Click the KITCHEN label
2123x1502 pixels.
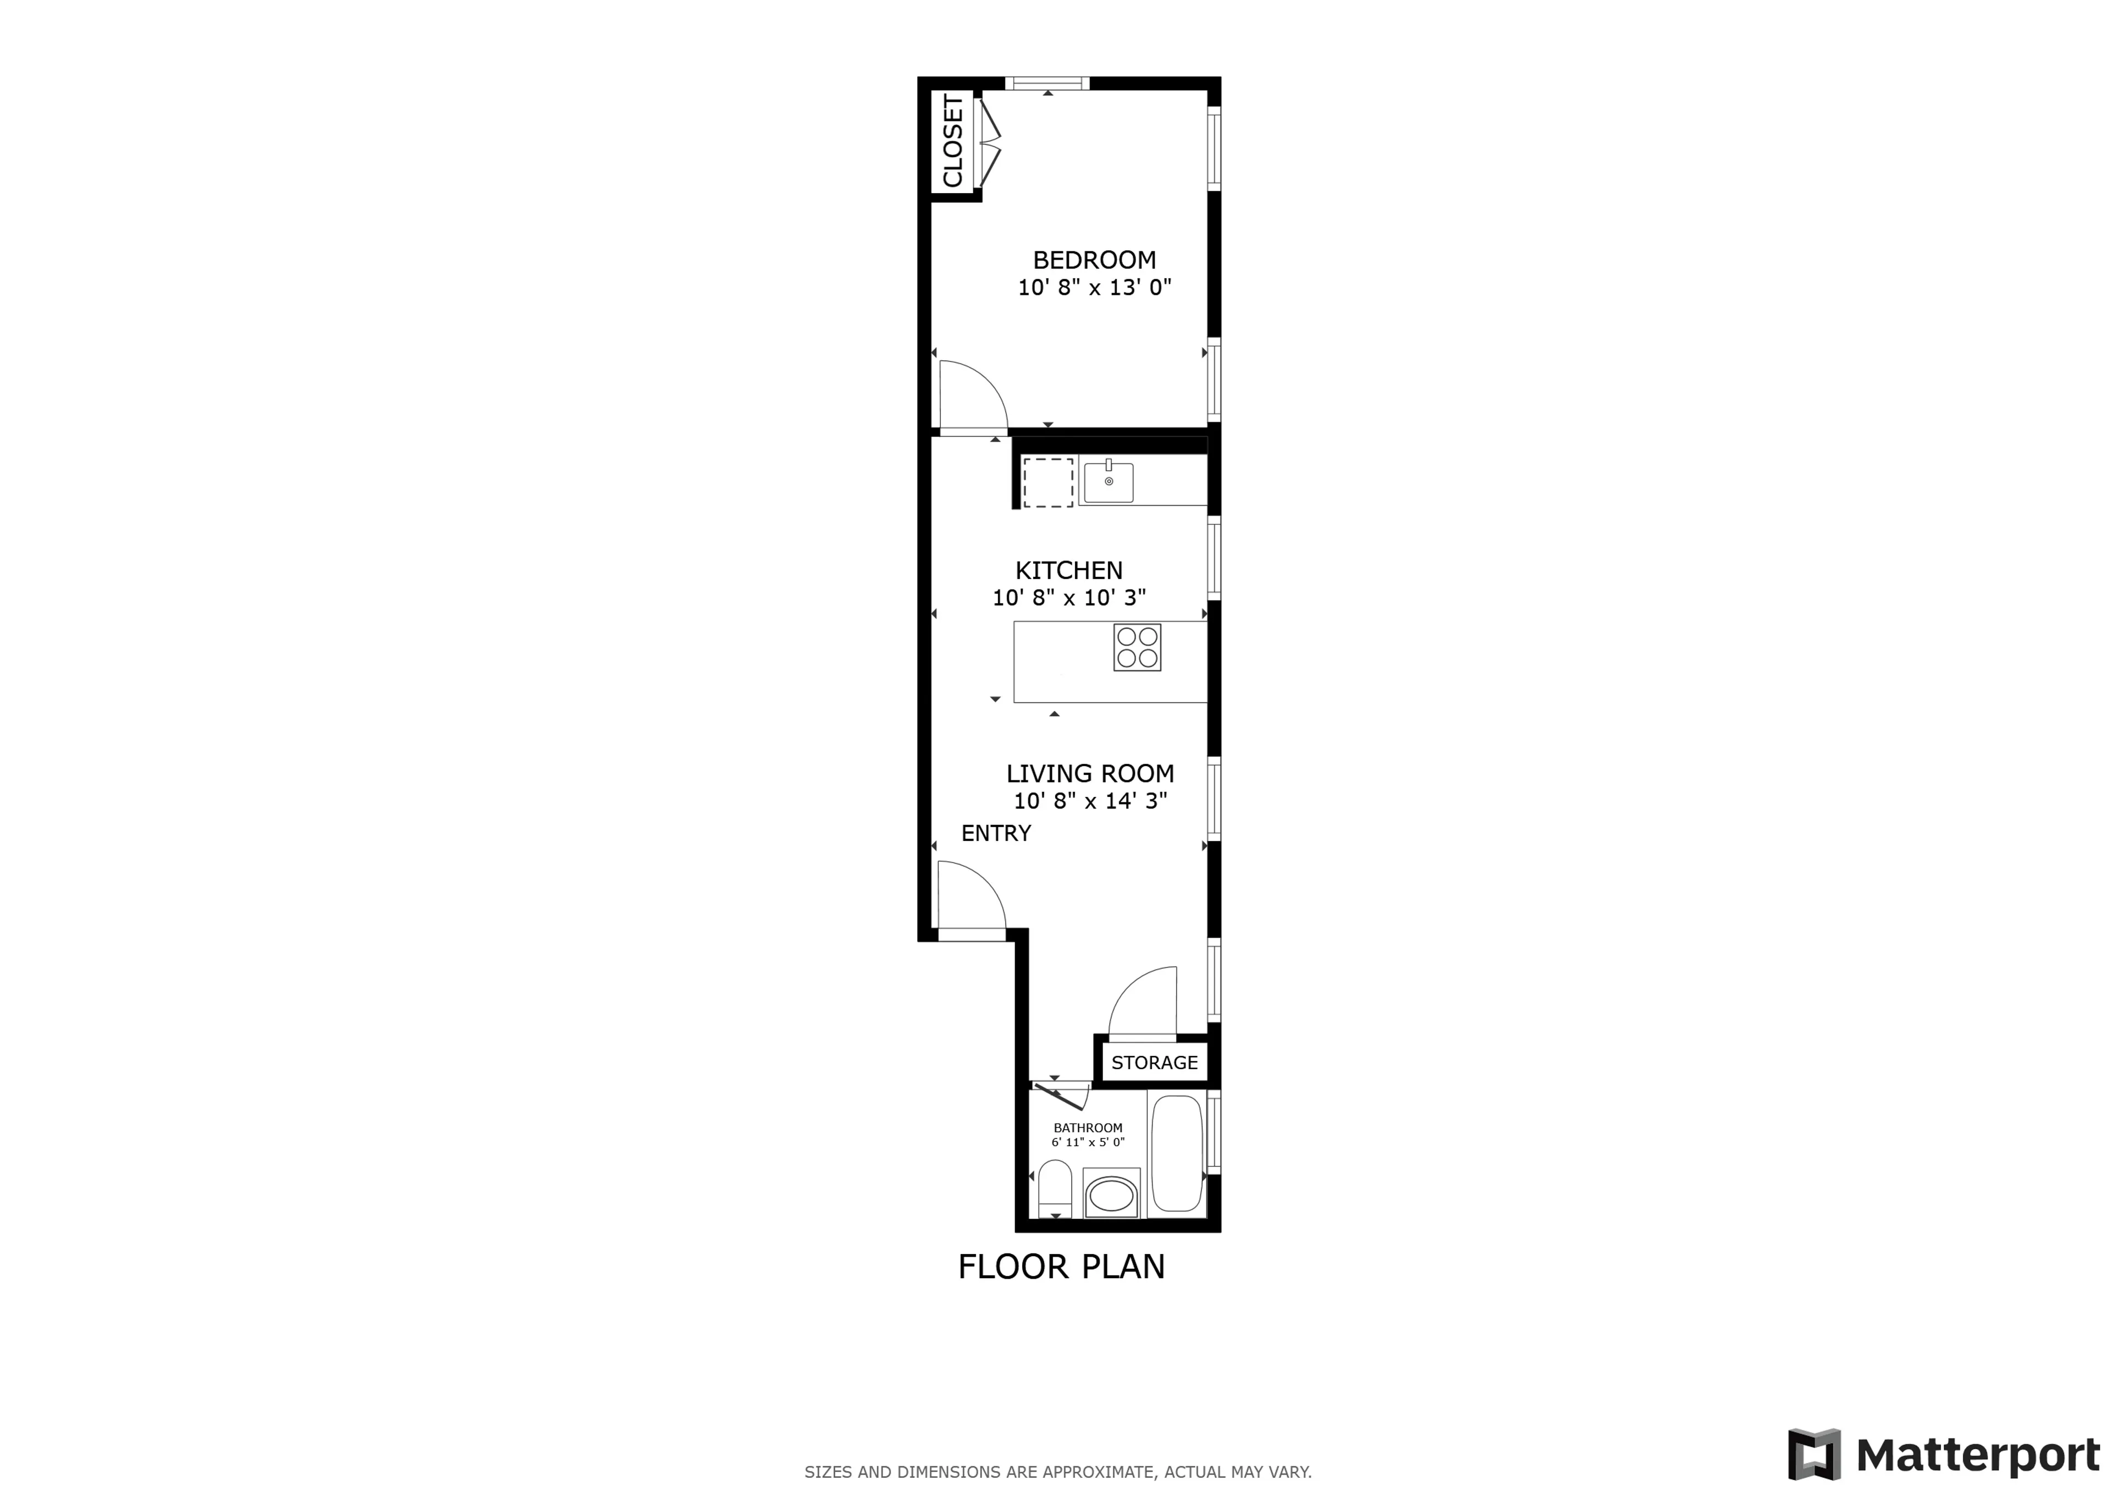1069,571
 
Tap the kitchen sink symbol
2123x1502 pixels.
1109,482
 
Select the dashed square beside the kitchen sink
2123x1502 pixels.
1047,482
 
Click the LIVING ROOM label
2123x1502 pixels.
1090,773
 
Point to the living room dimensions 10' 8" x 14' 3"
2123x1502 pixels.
1090,801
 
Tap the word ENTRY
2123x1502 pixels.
996,833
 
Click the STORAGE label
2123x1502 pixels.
1154,1063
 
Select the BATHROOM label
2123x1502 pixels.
1088,1127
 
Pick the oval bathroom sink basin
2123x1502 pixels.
1111,1196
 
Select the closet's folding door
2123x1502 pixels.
989,144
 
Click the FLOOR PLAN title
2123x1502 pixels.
1061,1266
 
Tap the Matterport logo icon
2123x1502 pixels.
1814,1454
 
